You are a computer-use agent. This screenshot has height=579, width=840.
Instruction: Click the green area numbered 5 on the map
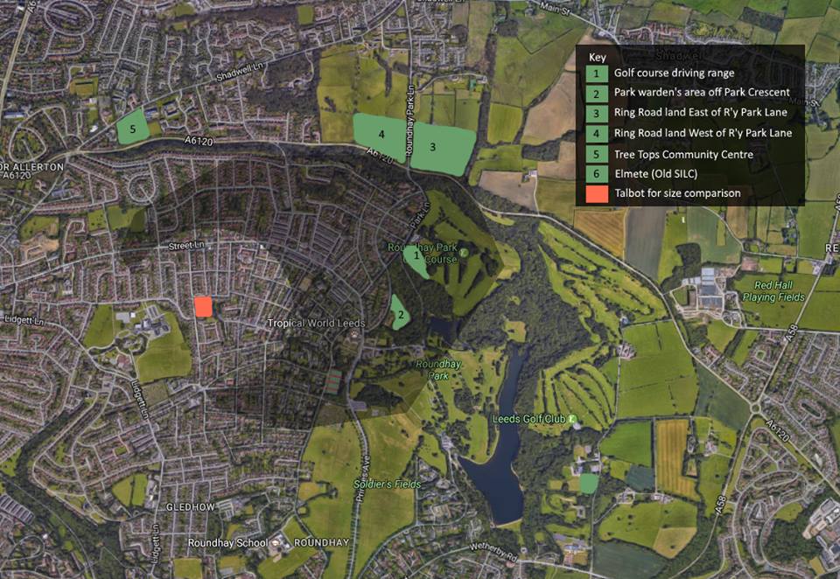click(x=133, y=128)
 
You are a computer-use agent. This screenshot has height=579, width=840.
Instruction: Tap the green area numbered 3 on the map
click(x=442, y=147)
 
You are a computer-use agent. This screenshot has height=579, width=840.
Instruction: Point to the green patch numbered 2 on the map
click(x=400, y=313)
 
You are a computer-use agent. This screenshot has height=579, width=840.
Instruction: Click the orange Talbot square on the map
click(x=203, y=306)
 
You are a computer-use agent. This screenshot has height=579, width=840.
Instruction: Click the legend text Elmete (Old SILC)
click(x=655, y=173)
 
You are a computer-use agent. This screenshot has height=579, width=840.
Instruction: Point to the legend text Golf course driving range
click(x=674, y=73)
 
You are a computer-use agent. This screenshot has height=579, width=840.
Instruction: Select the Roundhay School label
click(x=227, y=543)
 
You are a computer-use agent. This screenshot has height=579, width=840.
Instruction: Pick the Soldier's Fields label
click(x=388, y=484)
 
